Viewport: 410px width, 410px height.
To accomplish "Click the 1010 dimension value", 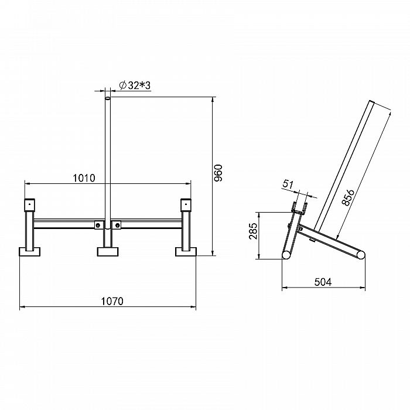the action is (84, 178).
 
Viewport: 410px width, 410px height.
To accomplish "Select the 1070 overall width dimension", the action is (112, 301).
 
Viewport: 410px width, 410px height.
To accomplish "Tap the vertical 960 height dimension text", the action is (218, 173).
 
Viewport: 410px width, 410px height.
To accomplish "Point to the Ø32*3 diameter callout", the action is (135, 86).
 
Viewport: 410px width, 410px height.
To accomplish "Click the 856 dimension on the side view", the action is (348, 198).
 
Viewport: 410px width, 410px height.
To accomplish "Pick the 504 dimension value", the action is (323, 282).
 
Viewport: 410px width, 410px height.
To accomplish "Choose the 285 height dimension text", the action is (253, 231).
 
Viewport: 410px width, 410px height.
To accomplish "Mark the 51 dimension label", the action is (288, 184).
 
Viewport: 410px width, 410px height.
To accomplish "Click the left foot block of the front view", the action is (29, 251).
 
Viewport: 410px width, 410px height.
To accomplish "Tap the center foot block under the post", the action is (107, 251).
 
